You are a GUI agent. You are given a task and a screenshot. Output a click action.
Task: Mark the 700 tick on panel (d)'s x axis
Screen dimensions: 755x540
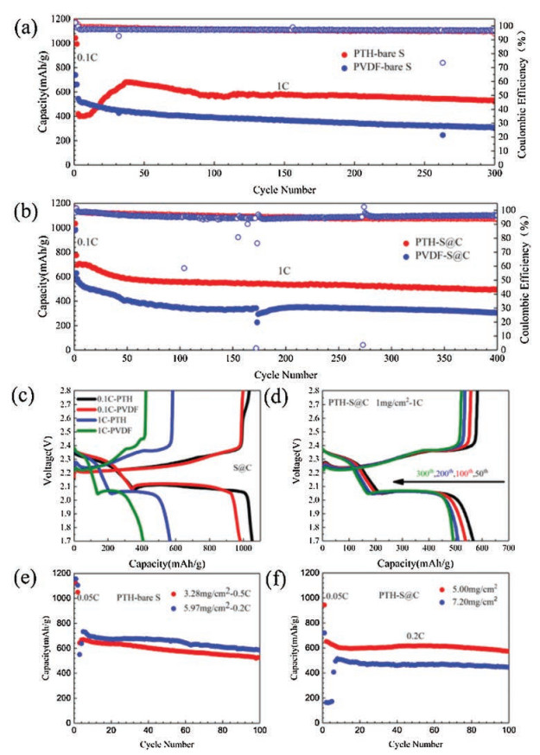[x=506, y=549]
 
